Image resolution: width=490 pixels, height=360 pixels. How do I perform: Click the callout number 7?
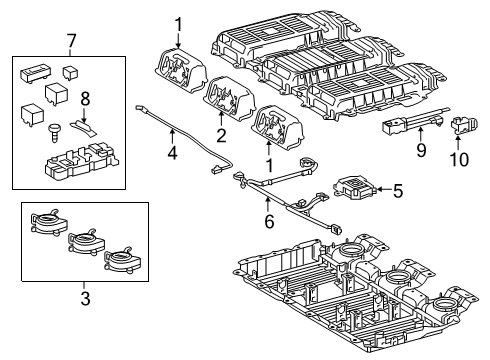[x=72, y=42]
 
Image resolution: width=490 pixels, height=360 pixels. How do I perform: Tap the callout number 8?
[x=85, y=99]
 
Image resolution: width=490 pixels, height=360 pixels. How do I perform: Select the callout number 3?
[x=85, y=298]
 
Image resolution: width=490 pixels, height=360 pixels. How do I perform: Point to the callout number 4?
[x=172, y=152]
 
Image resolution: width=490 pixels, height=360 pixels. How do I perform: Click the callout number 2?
[x=221, y=135]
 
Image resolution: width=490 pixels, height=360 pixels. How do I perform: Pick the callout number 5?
[x=398, y=191]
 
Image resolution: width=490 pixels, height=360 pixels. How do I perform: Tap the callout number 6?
[x=269, y=221]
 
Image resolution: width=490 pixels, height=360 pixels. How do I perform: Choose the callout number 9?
[x=421, y=150]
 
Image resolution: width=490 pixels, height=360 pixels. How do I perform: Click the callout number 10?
[x=459, y=159]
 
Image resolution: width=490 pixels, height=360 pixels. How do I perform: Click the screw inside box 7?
[x=53, y=133]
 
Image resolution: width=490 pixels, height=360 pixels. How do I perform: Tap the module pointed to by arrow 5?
[x=354, y=188]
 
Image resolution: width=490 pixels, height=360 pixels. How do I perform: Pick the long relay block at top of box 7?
[x=35, y=72]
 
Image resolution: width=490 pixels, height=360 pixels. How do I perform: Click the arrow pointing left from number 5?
[x=384, y=190]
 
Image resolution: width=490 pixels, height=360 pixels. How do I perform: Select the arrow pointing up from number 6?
[x=267, y=204]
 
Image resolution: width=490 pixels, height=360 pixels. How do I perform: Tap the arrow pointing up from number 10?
[x=459, y=142]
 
